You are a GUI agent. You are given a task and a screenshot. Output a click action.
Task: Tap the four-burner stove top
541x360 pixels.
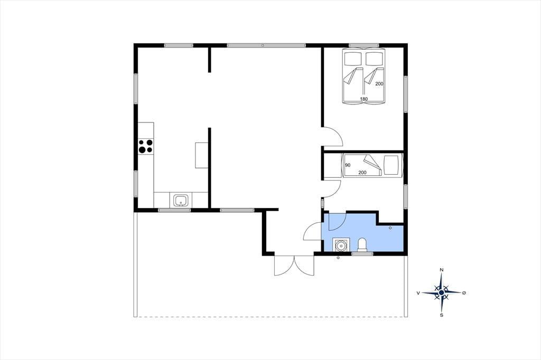pyautogui.click(x=145, y=146)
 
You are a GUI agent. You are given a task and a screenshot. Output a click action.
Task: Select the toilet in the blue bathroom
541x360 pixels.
pyautogui.click(x=362, y=244)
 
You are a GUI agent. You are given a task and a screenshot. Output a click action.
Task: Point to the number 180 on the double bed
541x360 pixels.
pyautogui.click(x=363, y=99)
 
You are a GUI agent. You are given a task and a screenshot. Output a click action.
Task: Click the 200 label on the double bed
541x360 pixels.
pyautogui.click(x=379, y=84)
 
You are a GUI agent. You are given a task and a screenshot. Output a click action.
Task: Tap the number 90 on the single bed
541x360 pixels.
pyautogui.click(x=348, y=165)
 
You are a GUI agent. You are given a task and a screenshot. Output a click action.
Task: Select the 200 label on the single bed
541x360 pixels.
pyautogui.click(x=362, y=173)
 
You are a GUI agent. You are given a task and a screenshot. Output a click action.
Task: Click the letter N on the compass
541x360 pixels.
pyautogui.click(x=442, y=270)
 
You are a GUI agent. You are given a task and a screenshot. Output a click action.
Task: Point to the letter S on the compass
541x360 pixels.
pyautogui.click(x=442, y=315)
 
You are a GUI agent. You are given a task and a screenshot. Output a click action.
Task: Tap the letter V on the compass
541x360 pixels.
pyautogui.click(x=418, y=293)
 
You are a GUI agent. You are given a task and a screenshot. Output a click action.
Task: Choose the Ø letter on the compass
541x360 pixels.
pyautogui.click(x=464, y=293)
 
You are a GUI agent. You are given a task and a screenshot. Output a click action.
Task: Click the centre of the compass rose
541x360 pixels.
pyautogui.click(x=442, y=293)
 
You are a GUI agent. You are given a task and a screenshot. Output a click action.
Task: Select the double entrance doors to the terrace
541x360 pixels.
pyautogui.click(x=294, y=265)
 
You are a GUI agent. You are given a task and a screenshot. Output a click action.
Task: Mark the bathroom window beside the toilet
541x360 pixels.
pyautogui.click(x=362, y=253)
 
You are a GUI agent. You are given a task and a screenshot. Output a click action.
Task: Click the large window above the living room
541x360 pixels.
pyautogui.click(x=266, y=45)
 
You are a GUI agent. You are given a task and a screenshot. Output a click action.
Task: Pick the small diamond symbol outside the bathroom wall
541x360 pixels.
pyautogui.click(x=338, y=258)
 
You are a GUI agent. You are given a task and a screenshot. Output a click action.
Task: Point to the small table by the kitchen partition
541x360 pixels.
pyautogui.click(x=201, y=155)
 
